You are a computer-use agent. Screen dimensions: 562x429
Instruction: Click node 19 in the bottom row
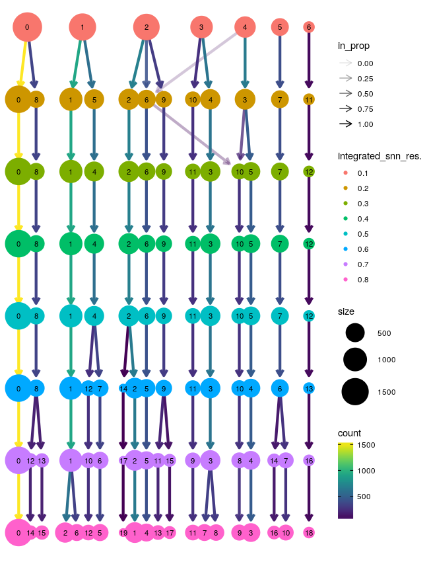click(123, 532)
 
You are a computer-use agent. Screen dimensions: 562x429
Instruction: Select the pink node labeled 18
click(309, 532)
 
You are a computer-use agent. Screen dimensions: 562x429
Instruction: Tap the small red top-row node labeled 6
click(309, 27)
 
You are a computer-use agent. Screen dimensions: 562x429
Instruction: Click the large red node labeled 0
click(26, 27)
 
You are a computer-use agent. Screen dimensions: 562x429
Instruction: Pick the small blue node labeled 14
click(123, 388)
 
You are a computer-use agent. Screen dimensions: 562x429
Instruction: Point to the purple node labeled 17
click(123, 460)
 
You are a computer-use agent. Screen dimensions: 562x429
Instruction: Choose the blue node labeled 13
click(309, 388)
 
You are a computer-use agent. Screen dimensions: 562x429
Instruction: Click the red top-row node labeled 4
click(246, 27)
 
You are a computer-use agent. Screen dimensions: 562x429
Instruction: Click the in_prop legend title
click(353, 46)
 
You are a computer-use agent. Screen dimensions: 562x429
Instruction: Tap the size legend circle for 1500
click(354, 392)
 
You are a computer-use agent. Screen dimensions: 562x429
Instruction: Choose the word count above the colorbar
click(349, 433)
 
